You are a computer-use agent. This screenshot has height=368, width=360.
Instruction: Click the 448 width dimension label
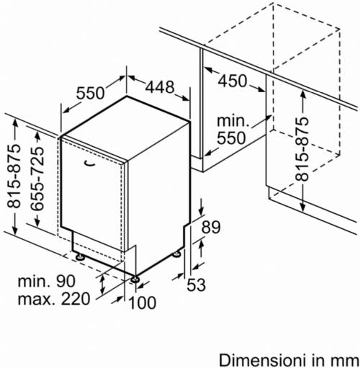point(160,87)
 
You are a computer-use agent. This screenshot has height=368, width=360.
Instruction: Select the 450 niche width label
point(233,81)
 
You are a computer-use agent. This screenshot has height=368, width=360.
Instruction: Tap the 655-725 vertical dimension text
point(37,179)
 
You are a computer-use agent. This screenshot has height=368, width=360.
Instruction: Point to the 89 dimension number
point(211,227)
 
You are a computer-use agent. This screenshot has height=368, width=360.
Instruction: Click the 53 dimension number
point(196,284)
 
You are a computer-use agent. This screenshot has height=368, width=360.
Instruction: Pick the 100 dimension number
point(143,302)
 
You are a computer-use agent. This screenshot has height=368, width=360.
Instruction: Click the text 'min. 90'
point(47,281)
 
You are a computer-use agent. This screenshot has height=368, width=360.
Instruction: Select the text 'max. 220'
point(54,299)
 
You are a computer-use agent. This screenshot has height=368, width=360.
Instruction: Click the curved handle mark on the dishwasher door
point(89,163)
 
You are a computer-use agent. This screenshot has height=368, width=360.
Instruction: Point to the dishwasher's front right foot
point(135,279)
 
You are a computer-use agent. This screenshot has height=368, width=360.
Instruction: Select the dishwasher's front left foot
point(80,257)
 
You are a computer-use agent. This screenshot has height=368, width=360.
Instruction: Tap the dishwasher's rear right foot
point(177,254)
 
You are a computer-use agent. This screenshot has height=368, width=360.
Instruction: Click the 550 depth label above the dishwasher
point(91,93)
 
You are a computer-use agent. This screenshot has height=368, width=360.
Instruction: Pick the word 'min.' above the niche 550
point(233,121)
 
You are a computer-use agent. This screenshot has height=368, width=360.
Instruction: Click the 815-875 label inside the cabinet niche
point(302,149)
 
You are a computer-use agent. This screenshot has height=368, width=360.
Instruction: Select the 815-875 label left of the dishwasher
point(14,176)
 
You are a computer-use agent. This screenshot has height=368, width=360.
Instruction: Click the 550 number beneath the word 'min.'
point(231,138)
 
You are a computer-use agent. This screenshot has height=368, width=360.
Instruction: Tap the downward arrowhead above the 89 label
point(201,211)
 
